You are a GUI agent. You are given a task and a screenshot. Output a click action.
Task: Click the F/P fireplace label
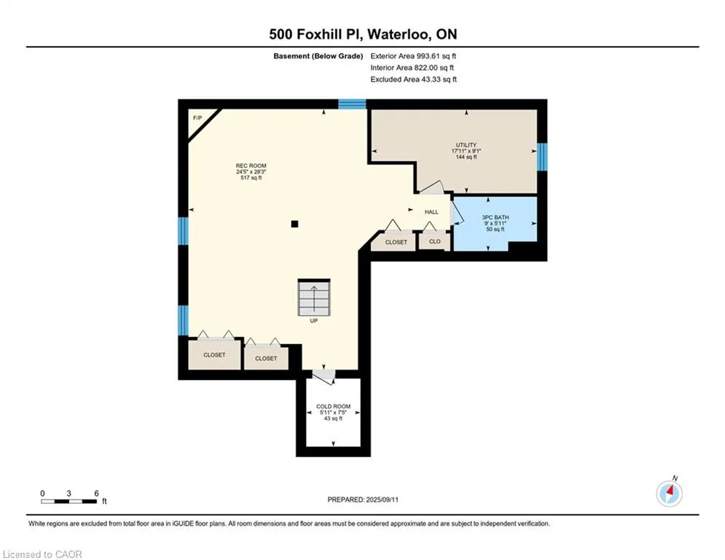[x=197, y=118]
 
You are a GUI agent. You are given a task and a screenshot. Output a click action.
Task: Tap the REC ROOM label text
[x=251, y=166]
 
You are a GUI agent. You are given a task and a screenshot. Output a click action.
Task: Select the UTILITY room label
[x=466, y=145]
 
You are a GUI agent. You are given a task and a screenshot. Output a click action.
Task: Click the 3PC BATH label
[x=495, y=217]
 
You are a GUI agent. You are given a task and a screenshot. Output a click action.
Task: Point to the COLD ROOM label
[x=334, y=406]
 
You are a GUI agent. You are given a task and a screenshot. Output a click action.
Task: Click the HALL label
[x=431, y=212]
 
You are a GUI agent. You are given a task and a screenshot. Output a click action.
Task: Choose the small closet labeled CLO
[x=434, y=241]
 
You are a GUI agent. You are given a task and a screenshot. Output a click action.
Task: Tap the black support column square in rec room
[x=294, y=224]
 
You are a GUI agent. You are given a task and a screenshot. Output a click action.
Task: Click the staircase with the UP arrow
[x=314, y=297]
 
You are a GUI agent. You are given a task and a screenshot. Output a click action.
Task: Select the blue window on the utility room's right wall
[x=542, y=157]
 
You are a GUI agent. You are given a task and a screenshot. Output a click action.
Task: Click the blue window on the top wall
[x=352, y=104]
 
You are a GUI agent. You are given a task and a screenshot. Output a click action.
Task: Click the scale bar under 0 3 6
[x=69, y=501]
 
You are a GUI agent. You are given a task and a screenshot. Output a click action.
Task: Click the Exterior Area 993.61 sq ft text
[x=413, y=56]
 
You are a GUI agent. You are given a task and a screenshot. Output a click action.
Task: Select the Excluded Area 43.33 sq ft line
[x=413, y=79]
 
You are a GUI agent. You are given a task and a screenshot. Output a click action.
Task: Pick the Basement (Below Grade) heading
[x=318, y=56]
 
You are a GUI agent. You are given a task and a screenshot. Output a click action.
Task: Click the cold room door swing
[x=324, y=376]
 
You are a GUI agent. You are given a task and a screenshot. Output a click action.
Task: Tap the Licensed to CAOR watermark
[x=42, y=554]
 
